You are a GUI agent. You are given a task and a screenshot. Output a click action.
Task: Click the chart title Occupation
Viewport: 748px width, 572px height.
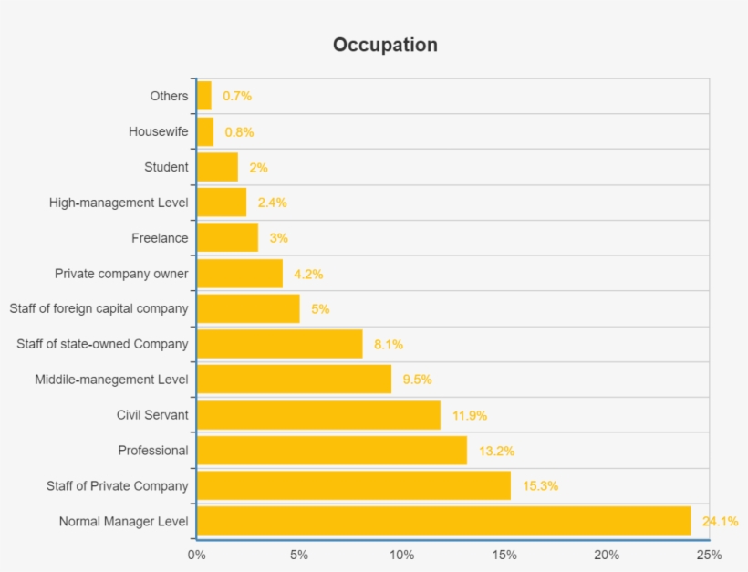click(385, 45)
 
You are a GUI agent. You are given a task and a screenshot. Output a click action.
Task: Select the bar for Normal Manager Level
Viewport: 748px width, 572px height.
click(443, 521)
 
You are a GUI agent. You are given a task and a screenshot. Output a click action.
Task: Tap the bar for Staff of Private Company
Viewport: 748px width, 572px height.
click(353, 485)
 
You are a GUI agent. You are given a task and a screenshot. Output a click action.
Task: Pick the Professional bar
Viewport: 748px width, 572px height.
click(331, 450)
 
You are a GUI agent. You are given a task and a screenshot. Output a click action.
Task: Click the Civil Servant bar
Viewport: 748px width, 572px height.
click(318, 415)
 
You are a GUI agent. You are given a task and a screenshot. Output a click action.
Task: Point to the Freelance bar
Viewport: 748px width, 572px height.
click(227, 238)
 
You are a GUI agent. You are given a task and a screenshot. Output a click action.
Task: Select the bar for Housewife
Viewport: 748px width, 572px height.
click(205, 131)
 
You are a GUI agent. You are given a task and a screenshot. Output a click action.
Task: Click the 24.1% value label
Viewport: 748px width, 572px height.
click(720, 522)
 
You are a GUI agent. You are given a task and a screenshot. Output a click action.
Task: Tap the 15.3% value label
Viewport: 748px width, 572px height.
click(540, 486)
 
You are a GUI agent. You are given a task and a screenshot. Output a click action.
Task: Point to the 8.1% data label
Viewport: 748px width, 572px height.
click(389, 344)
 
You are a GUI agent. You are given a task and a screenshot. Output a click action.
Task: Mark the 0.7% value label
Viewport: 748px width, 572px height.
click(237, 96)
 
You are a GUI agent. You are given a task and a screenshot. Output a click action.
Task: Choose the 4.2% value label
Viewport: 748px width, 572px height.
click(308, 274)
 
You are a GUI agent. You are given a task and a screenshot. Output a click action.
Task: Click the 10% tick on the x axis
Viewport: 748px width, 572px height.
click(401, 555)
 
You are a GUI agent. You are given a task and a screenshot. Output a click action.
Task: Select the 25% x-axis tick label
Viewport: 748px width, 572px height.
click(709, 555)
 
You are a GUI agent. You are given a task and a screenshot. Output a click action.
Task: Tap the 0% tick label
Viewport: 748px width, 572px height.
click(196, 555)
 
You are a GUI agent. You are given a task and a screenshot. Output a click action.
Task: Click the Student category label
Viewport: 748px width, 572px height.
click(166, 167)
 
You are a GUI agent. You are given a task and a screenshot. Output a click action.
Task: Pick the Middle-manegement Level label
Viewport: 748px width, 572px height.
click(111, 380)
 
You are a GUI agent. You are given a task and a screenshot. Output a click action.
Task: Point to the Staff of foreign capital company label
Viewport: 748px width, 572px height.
click(99, 308)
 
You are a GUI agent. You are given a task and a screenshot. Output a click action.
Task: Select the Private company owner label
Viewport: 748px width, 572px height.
click(121, 274)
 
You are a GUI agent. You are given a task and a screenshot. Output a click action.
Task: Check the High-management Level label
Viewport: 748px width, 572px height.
click(119, 203)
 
